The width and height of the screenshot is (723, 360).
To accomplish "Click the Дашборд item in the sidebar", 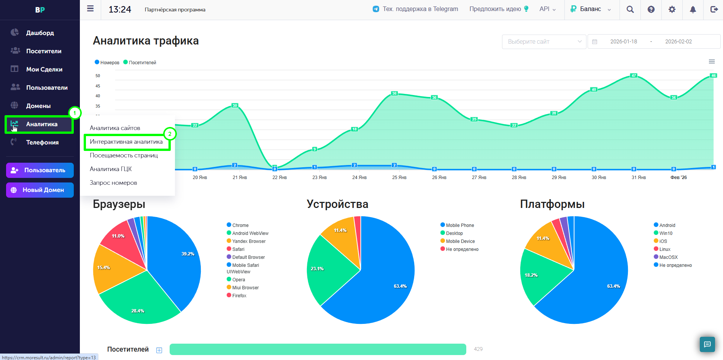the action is click(40, 33).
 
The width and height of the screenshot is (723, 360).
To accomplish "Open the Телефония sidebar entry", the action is click(42, 142).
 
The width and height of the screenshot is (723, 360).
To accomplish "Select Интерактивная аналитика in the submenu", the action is click(126, 142).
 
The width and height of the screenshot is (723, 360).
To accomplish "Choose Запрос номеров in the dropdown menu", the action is click(113, 183).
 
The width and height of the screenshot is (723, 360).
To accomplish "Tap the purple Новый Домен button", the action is click(40, 190).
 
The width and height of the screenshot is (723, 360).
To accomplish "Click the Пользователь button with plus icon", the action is click(40, 170).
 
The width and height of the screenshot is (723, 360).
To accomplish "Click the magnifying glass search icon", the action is click(630, 10).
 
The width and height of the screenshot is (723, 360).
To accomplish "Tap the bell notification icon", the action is click(693, 10).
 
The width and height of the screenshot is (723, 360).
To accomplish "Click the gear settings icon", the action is click(672, 10).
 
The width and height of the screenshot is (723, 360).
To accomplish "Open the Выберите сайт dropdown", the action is click(544, 41).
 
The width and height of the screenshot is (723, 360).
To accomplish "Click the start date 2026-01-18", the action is click(624, 41).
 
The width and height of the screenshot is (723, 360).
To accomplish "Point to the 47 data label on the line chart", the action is click(634, 75).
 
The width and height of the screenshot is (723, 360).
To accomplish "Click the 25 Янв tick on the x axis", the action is click(399, 178).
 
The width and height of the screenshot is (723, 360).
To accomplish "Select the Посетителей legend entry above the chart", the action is click(140, 63).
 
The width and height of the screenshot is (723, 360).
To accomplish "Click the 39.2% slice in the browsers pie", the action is click(175, 259).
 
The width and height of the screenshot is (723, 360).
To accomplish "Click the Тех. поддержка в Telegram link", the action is click(416, 9).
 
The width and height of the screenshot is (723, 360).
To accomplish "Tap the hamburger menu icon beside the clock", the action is click(90, 8).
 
